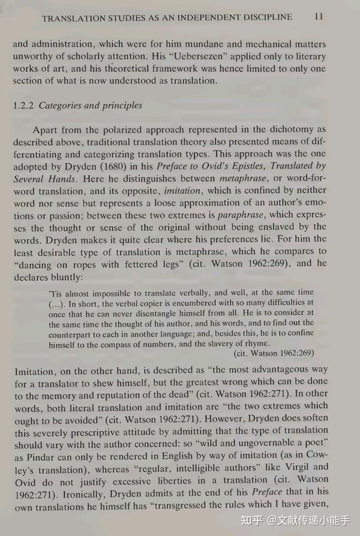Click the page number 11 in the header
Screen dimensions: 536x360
pyautogui.click(x=318, y=17)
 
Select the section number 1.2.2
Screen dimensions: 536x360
pyautogui.click(x=24, y=106)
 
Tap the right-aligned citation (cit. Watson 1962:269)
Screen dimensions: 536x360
pyautogui.click(x=273, y=354)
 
